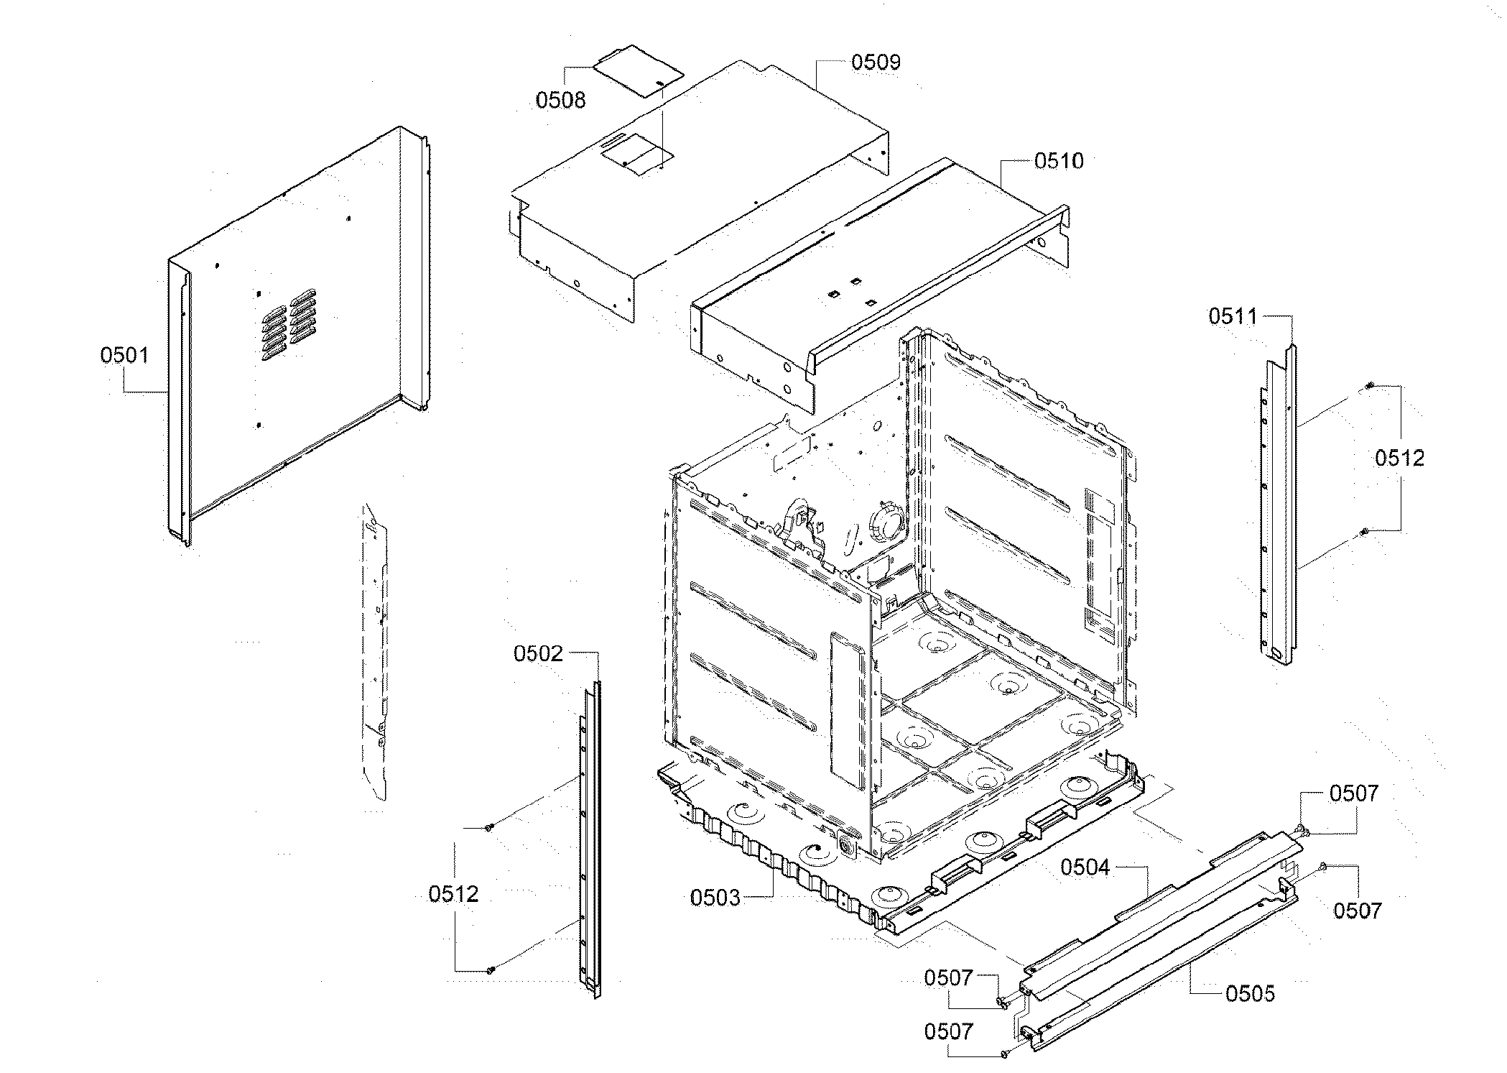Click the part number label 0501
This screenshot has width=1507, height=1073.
(125, 355)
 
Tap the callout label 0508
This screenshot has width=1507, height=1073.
(560, 100)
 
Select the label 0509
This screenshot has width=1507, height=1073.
(875, 63)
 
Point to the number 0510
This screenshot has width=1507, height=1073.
(1058, 161)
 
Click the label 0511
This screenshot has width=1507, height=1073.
(1233, 316)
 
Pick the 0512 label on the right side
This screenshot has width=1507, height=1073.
(1399, 459)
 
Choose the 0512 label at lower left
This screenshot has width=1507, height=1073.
(453, 894)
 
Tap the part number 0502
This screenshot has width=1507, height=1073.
(538, 654)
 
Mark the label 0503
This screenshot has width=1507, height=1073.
(715, 898)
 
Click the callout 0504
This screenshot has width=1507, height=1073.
(1085, 867)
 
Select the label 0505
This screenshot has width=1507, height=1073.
(1250, 994)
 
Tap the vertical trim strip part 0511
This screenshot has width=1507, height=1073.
(1279, 503)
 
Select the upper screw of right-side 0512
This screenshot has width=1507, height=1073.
(1368, 387)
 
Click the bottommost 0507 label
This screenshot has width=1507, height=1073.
(947, 1032)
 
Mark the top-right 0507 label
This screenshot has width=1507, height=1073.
(1353, 793)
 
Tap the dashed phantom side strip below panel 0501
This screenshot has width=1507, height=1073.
(374, 647)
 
